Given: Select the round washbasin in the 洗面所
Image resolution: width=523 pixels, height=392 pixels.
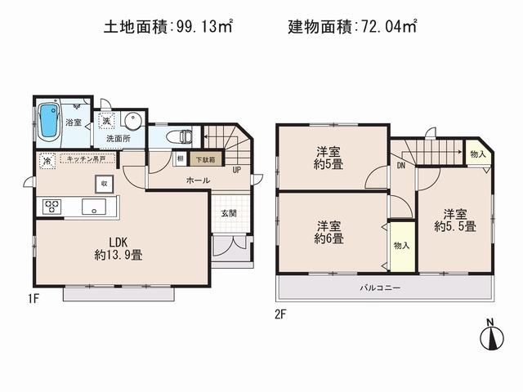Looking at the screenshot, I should tap(132, 122).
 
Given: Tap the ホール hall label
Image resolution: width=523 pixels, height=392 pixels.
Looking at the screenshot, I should tap(198, 180).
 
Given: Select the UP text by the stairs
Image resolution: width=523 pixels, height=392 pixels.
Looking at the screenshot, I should tap(236, 170).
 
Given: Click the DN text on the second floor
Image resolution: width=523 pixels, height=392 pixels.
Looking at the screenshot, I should tap(401, 166).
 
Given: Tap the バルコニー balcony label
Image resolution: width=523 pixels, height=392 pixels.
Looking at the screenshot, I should tap(381, 287).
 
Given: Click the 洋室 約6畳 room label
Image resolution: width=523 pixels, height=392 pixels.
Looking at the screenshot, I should tap(329, 232).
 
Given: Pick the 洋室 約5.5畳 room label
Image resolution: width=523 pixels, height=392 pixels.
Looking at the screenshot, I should tap(455, 219).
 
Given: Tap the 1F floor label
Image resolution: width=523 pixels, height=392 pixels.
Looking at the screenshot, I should tap(33, 298).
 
